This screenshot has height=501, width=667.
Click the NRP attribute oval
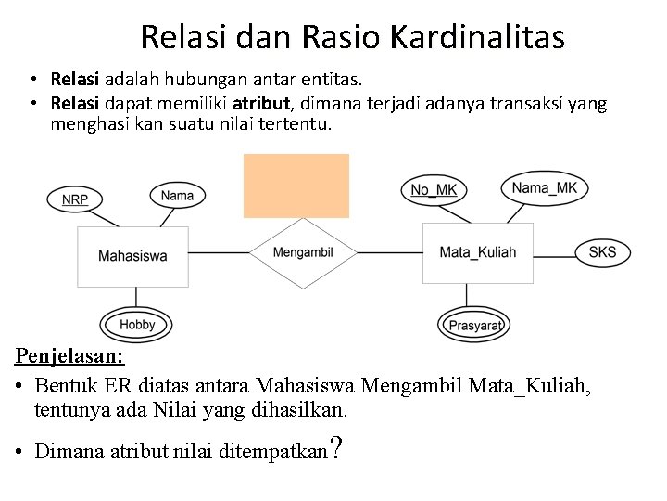click(75, 199)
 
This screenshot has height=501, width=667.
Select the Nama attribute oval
click(177, 195)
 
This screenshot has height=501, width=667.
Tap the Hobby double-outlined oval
click(136, 325)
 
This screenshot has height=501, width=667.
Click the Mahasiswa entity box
click(133, 256)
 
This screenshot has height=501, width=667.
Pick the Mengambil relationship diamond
click(303, 252)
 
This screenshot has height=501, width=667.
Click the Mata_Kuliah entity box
click(477, 252)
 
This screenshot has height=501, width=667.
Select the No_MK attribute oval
click(434, 190)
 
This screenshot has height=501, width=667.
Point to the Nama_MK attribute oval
click(544, 188)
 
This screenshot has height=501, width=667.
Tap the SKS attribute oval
click(602, 252)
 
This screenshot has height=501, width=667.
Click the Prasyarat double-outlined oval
click(474, 325)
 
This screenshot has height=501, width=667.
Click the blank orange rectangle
click(296, 186)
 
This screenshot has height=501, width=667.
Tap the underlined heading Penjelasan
click(70, 355)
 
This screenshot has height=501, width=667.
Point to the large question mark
click(337, 448)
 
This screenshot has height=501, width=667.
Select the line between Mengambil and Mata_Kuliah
click(389, 252)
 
